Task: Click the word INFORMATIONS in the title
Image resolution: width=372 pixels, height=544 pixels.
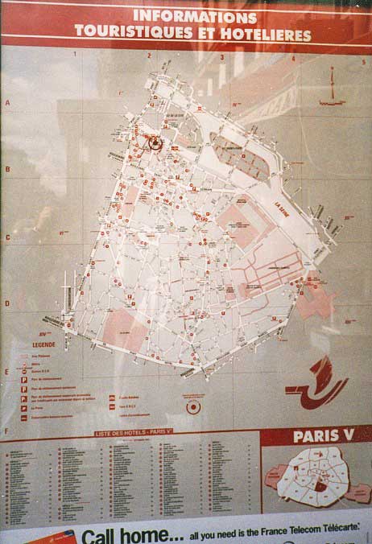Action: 195,16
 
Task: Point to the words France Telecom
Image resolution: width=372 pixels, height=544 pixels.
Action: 304,534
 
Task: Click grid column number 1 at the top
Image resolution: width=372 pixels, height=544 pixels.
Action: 75,55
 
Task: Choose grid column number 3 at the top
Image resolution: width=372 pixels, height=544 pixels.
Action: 221,58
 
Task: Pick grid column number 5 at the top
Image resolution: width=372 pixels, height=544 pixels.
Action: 363,60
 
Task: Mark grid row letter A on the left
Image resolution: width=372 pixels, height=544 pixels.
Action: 7,103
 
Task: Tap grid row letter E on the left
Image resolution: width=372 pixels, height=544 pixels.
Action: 7,371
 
